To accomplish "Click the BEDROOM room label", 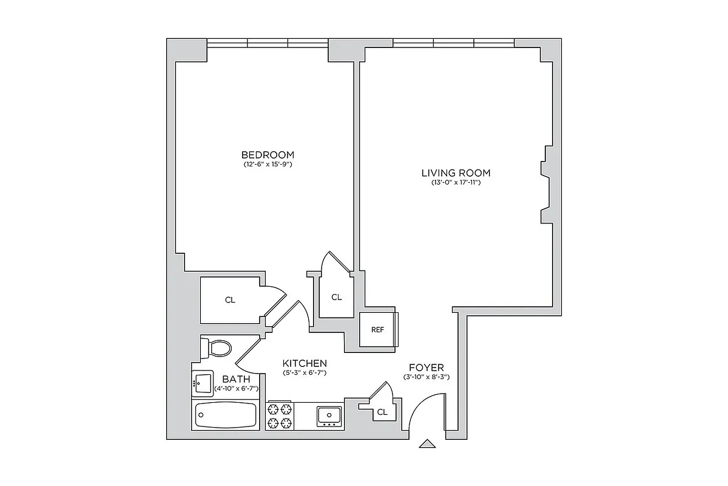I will coord(268,154).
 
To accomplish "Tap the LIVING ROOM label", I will coord(456,173).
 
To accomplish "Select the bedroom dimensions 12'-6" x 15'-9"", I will coord(268,164).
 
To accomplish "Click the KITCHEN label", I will coord(305,363).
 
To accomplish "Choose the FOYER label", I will coord(426,368).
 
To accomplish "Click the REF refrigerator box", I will coord(377,329).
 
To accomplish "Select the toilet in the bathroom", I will coord(217,348).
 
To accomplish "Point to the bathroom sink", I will coord(203,383).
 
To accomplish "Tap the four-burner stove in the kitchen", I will coord(280,416).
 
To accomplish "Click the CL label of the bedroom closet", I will coord(230,300).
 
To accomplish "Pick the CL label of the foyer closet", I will coord(382,412).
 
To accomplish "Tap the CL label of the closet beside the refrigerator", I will coord(337,297).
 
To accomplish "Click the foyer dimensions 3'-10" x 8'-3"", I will coord(426,377).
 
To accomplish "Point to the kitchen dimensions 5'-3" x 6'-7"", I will coord(305,372).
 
